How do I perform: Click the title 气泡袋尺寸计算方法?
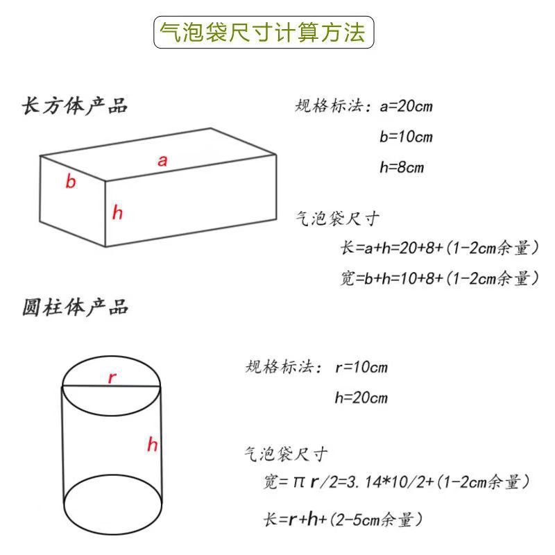click(x=263, y=33)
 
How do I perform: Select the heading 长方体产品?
click(x=76, y=106)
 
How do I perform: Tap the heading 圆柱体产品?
click(x=76, y=307)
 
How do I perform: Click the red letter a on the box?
click(x=162, y=161)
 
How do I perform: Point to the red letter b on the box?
click(x=70, y=182)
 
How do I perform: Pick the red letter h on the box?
click(x=117, y=213)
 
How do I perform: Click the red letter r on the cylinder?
click(x=112, y=378)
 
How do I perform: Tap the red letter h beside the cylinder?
click(x=152, y=445)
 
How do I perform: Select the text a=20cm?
click(x=407, y=107)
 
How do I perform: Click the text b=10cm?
click(x=406, y=137)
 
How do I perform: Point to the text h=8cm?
click(x=402, y=167)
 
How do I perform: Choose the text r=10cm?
click(x=361, y=367)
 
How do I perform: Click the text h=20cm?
click(x=361, y=398)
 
